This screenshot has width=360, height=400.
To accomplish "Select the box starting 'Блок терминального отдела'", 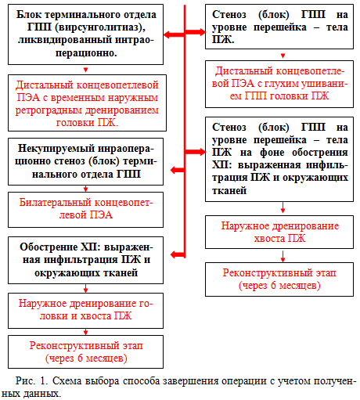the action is pos(85,34).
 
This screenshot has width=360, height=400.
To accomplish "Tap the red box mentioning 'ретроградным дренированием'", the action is pos(87,103).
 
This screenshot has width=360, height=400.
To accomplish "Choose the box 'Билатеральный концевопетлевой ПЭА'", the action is pos(85,210).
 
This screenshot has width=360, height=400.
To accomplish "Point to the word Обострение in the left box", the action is pos(49,247).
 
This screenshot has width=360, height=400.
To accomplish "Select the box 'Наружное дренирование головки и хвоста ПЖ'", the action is pos(85,311).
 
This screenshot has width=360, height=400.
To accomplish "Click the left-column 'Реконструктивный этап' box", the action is pos(85,351).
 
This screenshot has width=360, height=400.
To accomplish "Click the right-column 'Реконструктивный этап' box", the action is pos(279,279).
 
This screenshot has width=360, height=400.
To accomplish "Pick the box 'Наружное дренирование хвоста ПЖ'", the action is pos(279,232).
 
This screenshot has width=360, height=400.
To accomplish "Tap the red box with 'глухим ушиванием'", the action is pos(279,84).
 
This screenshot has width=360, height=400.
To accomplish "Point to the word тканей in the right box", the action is pos(229,190).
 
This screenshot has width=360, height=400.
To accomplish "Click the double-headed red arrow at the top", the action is pos(185,33).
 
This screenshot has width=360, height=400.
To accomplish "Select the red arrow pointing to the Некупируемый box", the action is pos(178,170).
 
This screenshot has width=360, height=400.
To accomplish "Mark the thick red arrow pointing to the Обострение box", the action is pos(178,254).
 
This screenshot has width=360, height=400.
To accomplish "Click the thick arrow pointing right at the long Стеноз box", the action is pos(195,152).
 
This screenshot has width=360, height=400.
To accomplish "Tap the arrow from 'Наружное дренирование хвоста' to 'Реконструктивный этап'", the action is pos(283,256).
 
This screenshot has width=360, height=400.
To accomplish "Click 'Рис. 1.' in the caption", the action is pos(31,380).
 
